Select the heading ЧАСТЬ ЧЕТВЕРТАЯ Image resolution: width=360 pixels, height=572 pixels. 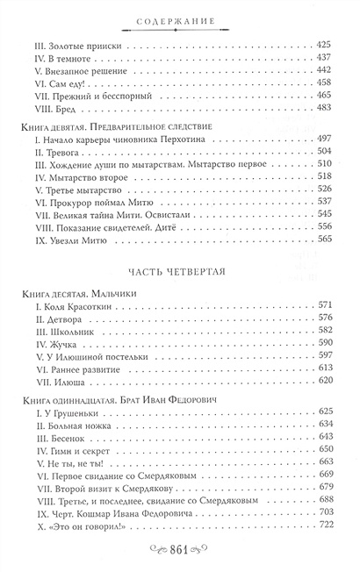click(179, 270)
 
